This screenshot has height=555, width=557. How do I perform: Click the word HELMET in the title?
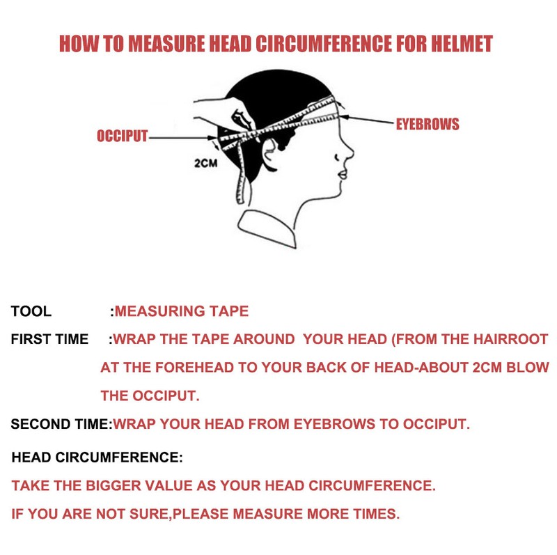(x=462, y=43)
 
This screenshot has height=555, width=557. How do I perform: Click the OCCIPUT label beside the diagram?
(x=123, y=136)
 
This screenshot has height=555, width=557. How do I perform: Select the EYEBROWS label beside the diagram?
(x=427, y=124)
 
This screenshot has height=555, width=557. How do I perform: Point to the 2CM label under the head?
(x=205, y=163)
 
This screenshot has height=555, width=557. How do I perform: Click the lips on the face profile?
(x=342, y=174)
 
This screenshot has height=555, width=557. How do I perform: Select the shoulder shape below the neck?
(x=267, y=228)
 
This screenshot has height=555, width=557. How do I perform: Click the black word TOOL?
(x=31, y=311)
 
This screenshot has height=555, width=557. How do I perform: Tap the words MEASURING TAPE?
(x=182, y=311)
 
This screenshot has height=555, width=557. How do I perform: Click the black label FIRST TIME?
(x=49, y=339)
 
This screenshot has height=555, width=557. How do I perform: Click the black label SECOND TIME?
(x=61, y=424)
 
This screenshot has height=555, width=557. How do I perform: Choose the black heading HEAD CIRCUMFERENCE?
(x=97, y=458)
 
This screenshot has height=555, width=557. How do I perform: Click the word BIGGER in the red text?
(x=113, y=486)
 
